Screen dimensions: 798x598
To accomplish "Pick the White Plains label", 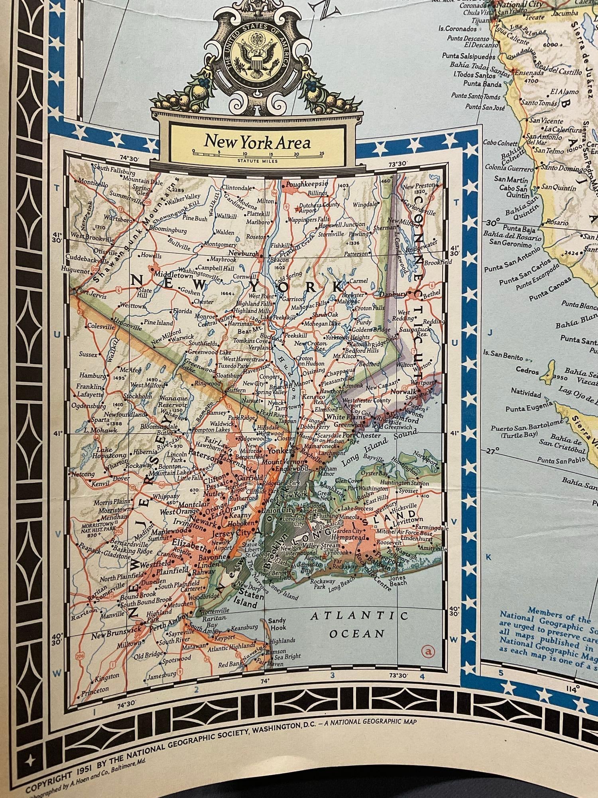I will [x=340, y=417].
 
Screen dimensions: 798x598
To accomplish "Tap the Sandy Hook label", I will [x=277, y=624].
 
